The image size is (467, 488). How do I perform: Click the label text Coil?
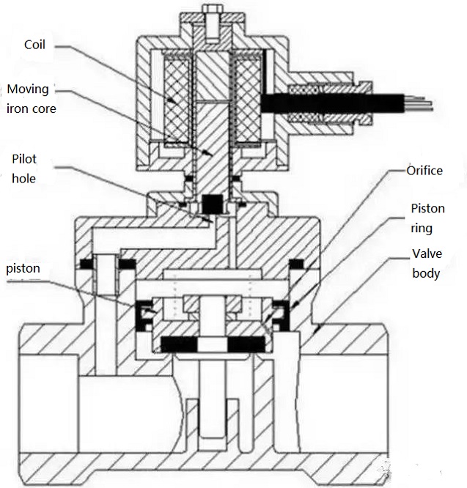coord(34,45)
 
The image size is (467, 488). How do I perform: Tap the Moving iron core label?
coord(29,99)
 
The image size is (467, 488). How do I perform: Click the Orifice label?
coord(426,171)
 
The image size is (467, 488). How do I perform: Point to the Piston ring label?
coord(427,218)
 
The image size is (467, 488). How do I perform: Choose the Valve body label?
coord(425,264)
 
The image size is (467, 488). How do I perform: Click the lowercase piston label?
coord(23,269)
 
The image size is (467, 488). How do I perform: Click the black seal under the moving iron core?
coord(212,202)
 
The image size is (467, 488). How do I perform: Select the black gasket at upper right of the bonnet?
coord(297,262)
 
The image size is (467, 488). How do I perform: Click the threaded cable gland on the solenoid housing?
coord(308,102)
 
